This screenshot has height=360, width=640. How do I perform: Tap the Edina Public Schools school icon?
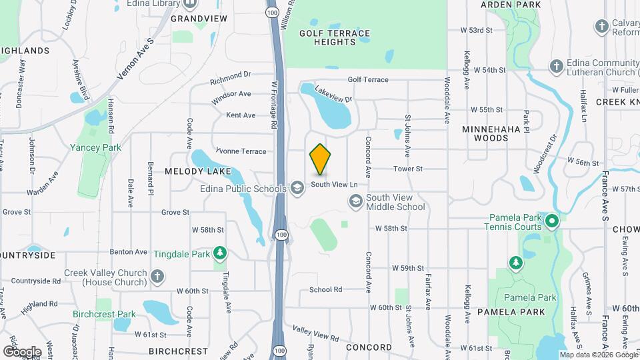tap(297, 189)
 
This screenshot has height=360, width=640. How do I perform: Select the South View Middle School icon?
tap(356, 201)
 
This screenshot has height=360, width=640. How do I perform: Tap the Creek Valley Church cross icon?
tap(157, 277)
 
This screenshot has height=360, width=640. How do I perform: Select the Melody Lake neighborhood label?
tap(198, 171)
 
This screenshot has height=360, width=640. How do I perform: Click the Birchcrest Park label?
tap(105, 314)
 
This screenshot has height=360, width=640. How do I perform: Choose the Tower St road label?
tap(408, 169)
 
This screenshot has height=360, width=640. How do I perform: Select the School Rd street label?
tap(325, 289)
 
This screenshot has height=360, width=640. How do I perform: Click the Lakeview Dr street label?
tap(333, 95)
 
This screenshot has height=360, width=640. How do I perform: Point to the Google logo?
tap(22, 351)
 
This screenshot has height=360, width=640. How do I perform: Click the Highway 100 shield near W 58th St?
tap(282, 235)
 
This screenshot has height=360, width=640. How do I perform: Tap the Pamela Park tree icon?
tap(516, 263)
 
